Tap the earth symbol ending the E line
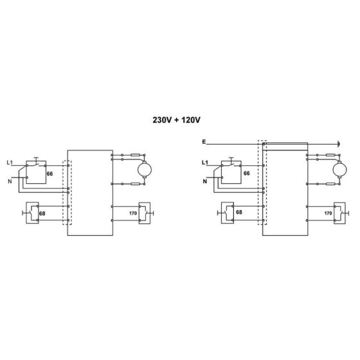tap(336, 144)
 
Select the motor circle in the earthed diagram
tap(335, 169)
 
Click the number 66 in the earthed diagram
tap(246, 174)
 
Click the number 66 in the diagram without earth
tap(49, 174)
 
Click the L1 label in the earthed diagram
tap(206, 162)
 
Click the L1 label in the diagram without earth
tap(9, 162)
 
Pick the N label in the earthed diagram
tap(205, 181)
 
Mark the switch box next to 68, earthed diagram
tap(226, 212)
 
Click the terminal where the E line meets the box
tap(264, 144)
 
